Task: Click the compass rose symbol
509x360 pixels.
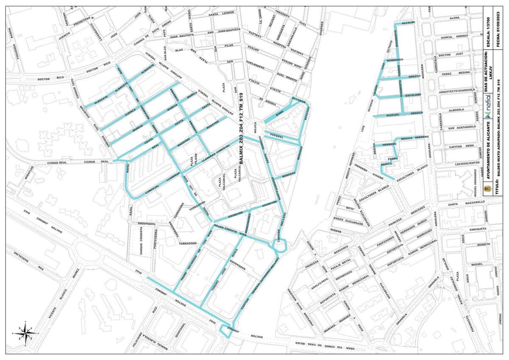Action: coord(26,332)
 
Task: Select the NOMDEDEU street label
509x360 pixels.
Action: coord(394,60)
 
